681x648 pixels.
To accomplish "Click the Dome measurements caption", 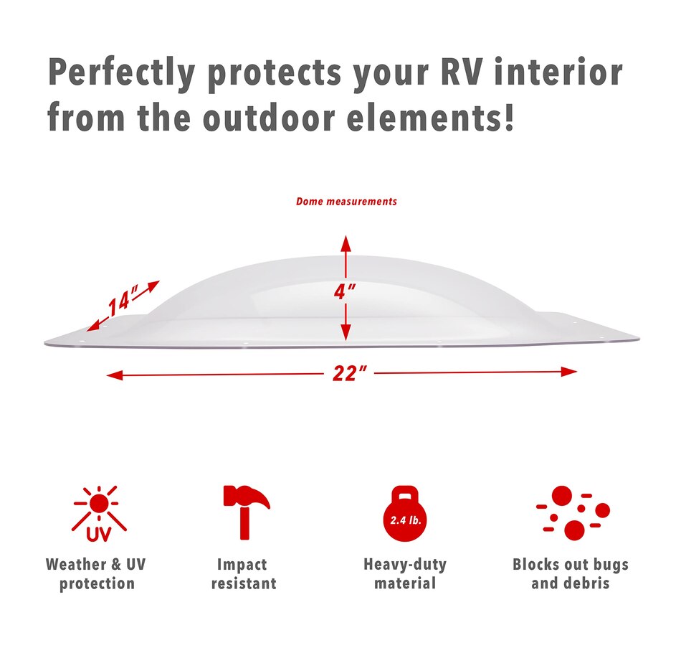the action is point(346,202).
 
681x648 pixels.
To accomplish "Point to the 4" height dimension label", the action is point(345,291).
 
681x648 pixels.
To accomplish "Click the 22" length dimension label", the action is point(350,373).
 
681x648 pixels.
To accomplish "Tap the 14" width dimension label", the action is point(123,300).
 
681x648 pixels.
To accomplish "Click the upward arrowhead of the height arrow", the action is point(346,243).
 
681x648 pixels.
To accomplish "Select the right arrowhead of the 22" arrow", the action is point(569,372).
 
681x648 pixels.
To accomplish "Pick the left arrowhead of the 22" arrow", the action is point(115,375).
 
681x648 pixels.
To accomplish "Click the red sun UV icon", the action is point(100,514).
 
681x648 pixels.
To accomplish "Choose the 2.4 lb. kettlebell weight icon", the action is point(405,514).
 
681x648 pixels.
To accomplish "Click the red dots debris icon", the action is point(573,513).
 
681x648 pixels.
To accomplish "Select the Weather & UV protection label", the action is point(96,574).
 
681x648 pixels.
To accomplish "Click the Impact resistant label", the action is point(244,574).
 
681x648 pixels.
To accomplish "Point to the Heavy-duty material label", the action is point(405,574).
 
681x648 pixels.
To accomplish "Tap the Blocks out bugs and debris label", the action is point(571,574).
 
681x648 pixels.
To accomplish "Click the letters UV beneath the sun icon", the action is point(99,534).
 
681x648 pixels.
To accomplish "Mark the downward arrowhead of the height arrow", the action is point(346,332).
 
